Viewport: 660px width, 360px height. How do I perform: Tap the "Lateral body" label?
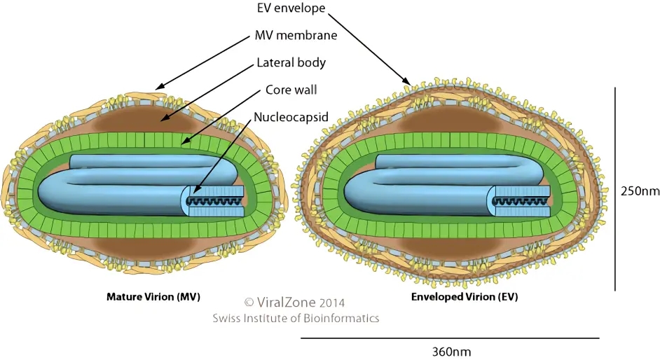[291, 62]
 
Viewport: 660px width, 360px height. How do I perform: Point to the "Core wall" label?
[291, 90]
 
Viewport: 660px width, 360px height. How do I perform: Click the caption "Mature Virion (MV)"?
[153, 296]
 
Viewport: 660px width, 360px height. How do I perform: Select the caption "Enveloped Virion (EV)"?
[465, 296]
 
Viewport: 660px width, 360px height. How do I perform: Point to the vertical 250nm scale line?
[614, 189]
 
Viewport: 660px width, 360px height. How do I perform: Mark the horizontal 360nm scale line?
[450, 338]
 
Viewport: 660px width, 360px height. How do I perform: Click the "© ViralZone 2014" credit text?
[295, 303]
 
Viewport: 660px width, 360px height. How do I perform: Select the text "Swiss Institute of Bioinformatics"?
[296, 318]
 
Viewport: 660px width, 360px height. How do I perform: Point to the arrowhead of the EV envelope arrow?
[408, 83]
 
